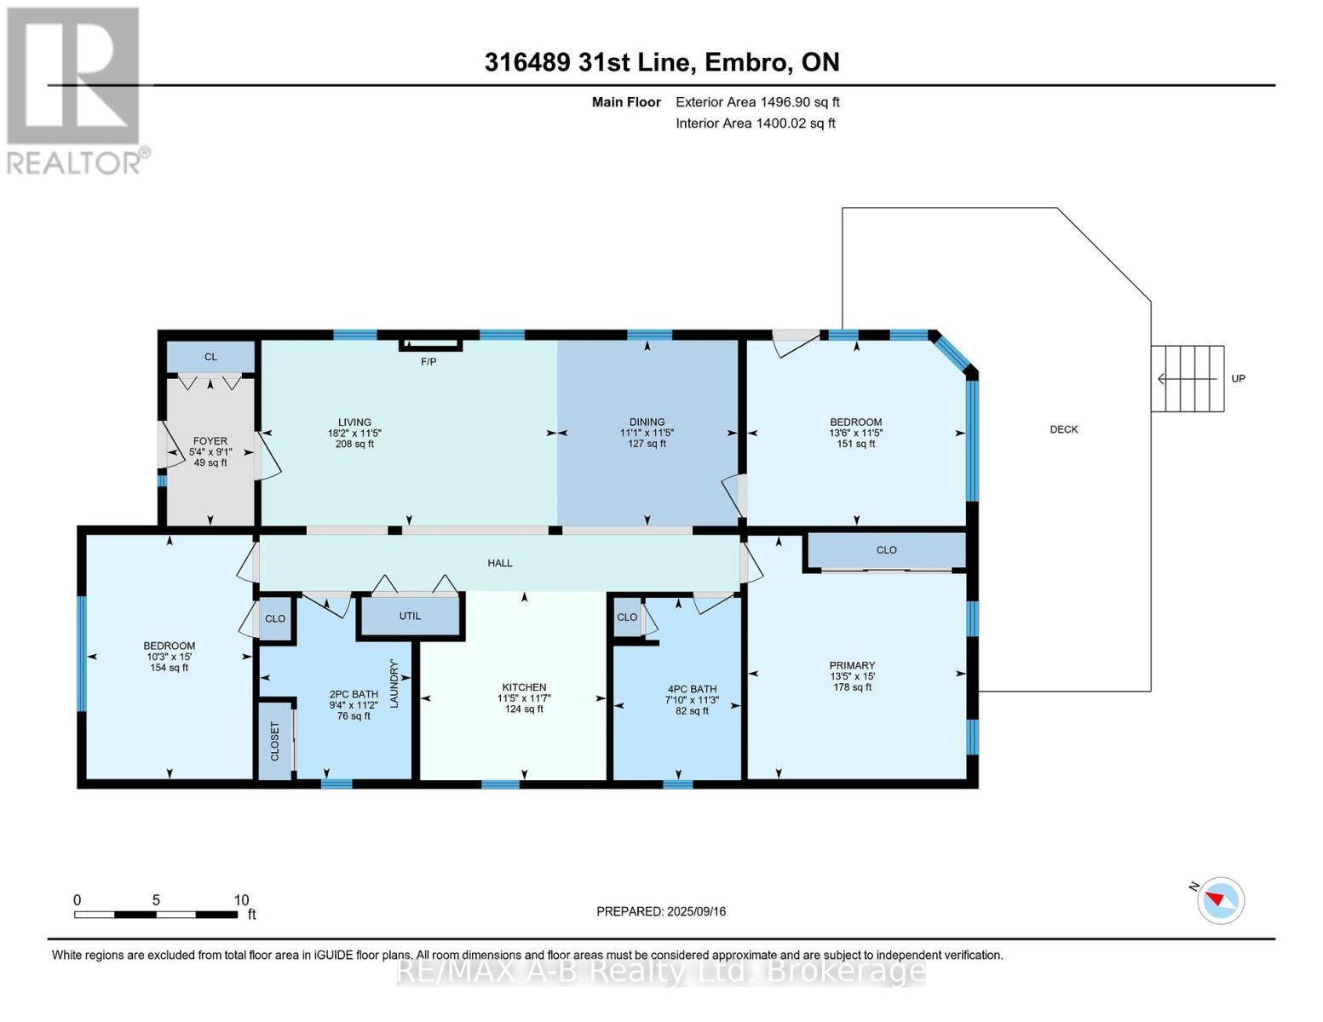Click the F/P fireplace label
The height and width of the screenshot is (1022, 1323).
tap(429, 362)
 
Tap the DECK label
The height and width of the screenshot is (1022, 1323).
tap(1063, 429)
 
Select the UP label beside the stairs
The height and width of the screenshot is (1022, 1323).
tap(1238, 378)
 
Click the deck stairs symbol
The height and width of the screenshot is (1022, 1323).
tap(1188, 379)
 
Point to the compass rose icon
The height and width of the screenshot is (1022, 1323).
tap(1221, 899)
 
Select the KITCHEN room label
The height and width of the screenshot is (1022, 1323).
tap(524, 687)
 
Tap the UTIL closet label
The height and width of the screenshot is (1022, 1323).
tap(410, 616)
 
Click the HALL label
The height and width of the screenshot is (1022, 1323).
tap(500, 563)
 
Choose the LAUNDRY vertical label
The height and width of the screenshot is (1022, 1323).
tap(394, 683)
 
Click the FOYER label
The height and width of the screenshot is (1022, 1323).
tap(210, 441)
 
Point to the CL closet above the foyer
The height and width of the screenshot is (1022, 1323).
tap(210, 357)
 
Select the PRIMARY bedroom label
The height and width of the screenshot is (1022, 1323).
tap(852, 666)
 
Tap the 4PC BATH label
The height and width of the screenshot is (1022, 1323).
tap(692, 689)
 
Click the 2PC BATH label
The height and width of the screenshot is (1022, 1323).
tap(354, 694)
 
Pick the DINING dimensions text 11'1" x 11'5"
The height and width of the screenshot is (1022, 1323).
tap(647, 433)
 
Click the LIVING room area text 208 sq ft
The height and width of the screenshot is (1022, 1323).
tap(354, 444)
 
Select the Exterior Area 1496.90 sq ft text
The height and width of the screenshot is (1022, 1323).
tap(757, 102)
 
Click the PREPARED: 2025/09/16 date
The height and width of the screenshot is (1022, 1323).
tap(661, 911)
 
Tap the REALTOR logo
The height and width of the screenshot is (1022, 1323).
tap(74, 89)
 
